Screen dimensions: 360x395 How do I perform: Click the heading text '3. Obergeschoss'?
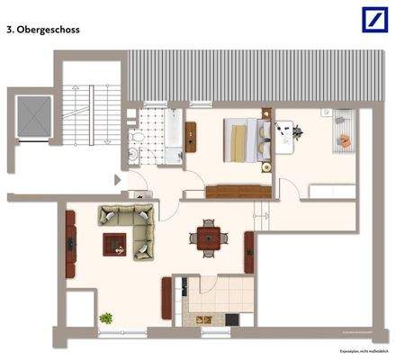(42, 30)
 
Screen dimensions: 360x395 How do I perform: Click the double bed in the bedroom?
(244, 139)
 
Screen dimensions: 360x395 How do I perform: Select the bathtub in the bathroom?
(171, 132)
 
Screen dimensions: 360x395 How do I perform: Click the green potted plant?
(106, 319)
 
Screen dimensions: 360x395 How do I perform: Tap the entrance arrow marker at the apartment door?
(117, 179)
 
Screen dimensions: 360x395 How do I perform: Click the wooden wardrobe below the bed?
(238, 191)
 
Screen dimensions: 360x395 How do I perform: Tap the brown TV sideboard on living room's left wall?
(70, 242)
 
